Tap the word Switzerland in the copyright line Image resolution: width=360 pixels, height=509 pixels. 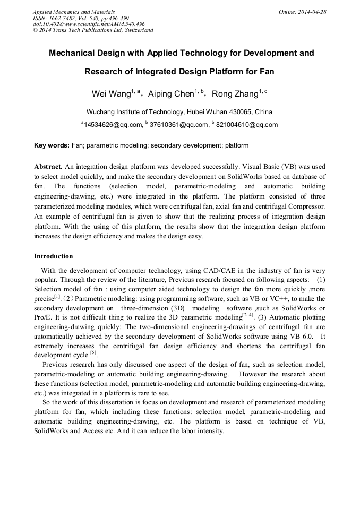134,30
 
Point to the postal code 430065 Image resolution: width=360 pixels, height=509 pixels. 242,112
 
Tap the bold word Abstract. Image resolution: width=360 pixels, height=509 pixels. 48,166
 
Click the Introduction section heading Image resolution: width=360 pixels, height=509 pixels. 54,256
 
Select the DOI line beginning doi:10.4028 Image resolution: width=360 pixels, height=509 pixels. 89,24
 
